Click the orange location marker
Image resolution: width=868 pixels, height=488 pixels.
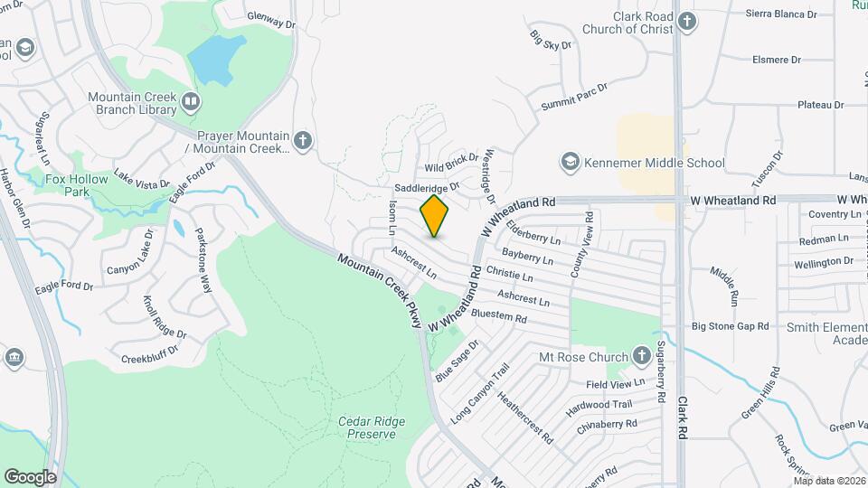click(x=435, y=216)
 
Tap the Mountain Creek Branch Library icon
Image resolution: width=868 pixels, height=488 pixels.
click(x=190, y=102)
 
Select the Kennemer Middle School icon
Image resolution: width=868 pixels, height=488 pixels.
click(x=570, y=163)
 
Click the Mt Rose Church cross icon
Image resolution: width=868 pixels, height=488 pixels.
click(x=641, y=356)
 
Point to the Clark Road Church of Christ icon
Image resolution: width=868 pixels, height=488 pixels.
click(x=687, y=21)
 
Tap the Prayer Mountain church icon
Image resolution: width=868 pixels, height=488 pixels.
click(x=303, y=140)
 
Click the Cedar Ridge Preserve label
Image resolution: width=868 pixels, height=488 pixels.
click(x=366, y=427)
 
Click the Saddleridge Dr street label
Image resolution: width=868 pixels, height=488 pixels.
click(x=428, y=187)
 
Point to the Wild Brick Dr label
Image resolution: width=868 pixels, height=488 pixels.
click(x=451, y=163)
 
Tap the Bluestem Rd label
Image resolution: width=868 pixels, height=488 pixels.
click(x=499, y=317)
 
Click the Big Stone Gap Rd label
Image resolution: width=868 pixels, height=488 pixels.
click(x=730, y=326)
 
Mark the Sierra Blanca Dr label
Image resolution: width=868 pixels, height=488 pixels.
click(x=781, y=14)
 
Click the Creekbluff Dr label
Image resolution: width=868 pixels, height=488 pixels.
click(x=154, y=359)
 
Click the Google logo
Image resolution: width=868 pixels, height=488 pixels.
click(x=30, y=476)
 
